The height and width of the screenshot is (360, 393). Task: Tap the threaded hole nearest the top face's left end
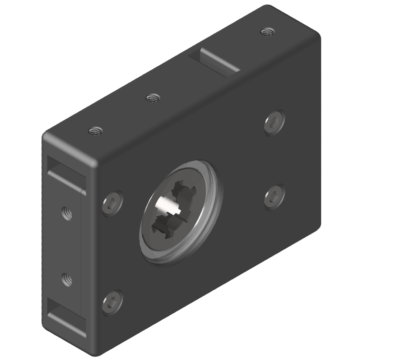click(96, 130)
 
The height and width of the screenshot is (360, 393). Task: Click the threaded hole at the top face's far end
click(266, 32)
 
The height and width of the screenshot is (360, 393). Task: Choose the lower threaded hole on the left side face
click(67, 279)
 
